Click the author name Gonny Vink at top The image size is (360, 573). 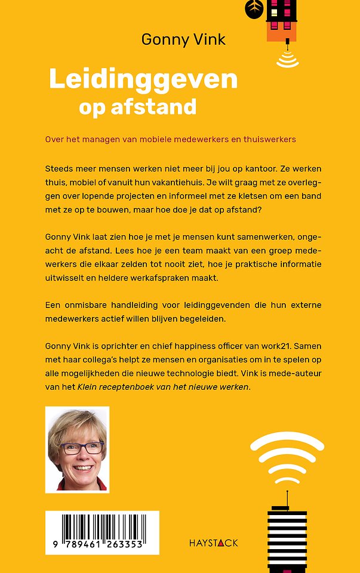[183, 40]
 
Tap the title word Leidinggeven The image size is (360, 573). [143, 79]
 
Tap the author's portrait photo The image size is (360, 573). [77, 449]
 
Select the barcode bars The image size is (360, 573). [101, 526]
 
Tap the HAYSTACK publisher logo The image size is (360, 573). [213, 543]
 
